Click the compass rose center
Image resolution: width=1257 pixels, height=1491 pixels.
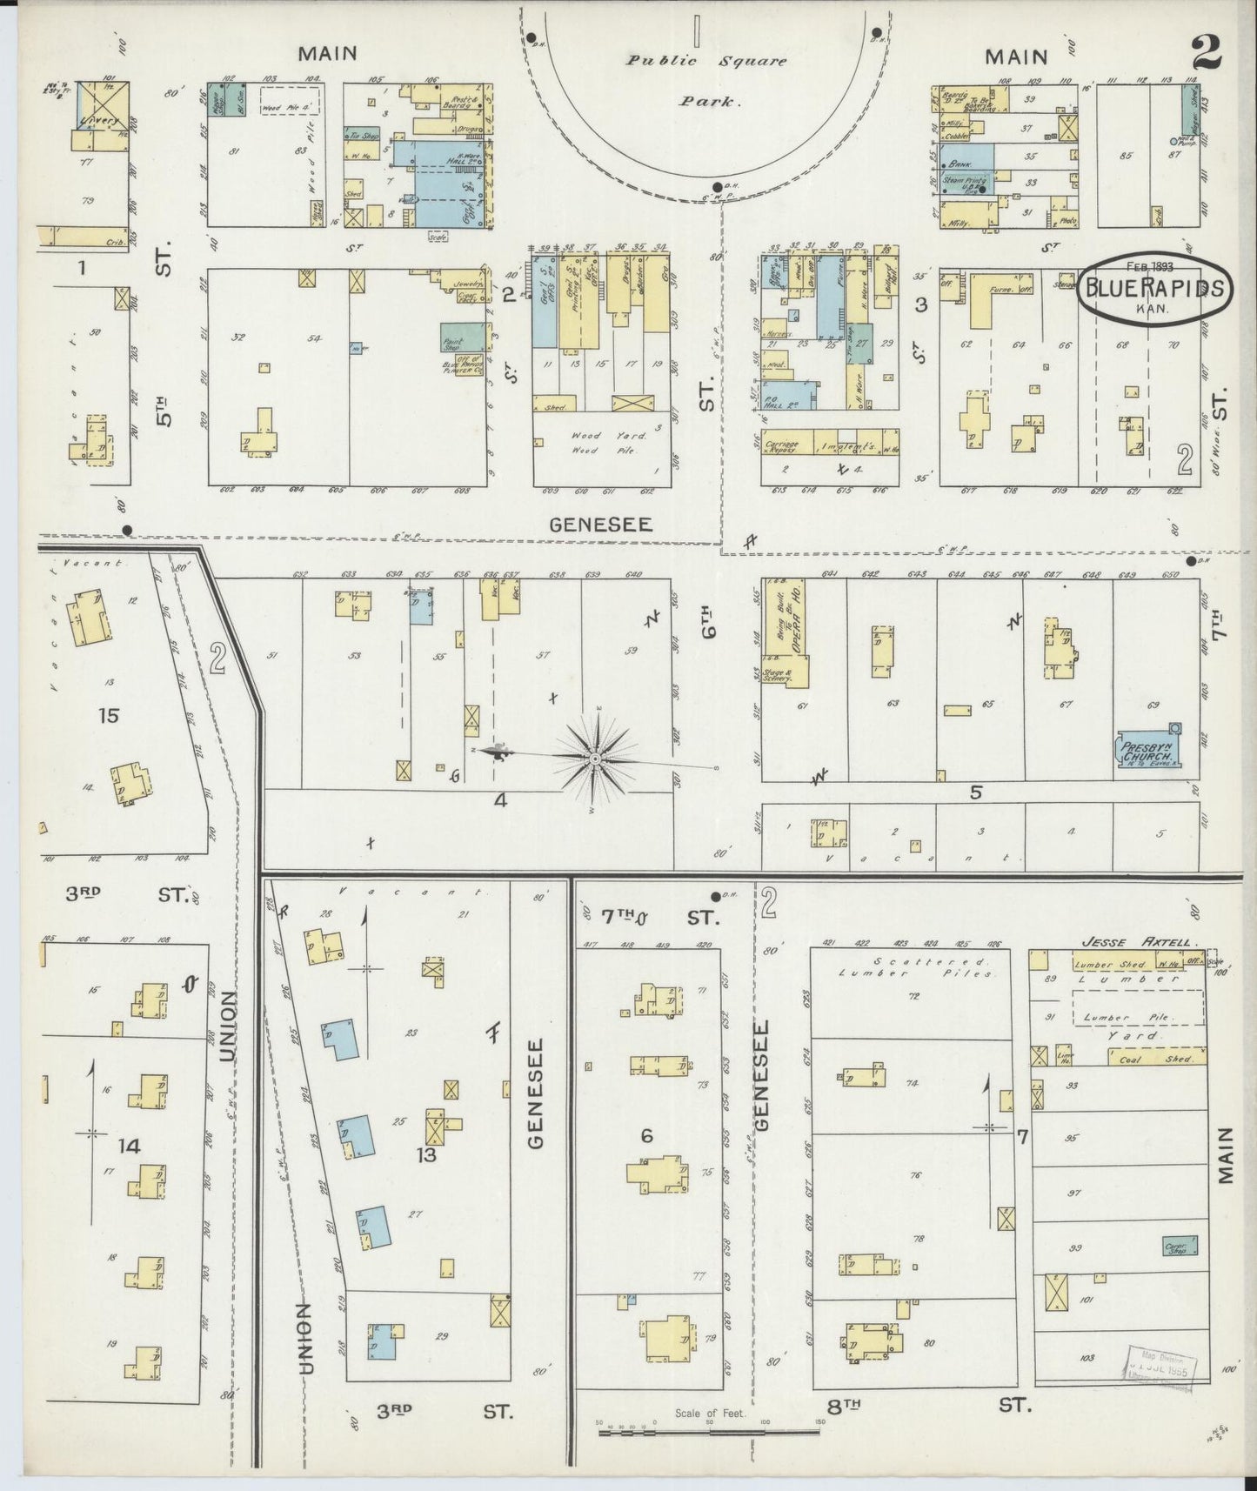[x=594, y=759]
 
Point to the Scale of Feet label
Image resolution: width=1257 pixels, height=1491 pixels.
[x=710, y=1414]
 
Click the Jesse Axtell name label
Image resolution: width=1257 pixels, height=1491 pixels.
[x=1127, y=941]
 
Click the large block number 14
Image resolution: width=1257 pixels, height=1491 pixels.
[x=129, y=1146]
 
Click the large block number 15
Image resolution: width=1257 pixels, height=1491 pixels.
[x=109, y=716]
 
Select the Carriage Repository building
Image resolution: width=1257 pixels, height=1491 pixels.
[x=785, y=445]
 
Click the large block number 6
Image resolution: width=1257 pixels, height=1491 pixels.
[x=646, y=1135]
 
